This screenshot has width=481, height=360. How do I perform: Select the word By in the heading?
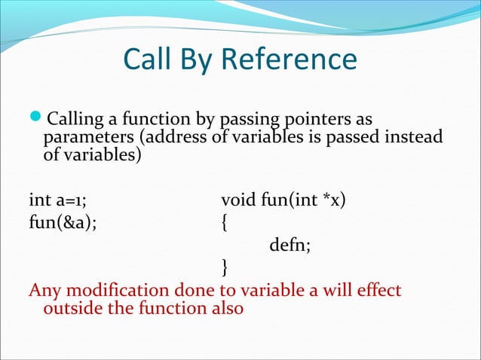tap(204, 59)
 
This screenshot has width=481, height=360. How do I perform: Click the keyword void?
tap(238, 201)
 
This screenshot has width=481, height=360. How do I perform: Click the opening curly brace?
tap(224, 223)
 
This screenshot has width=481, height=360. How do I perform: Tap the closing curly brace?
tap(224, 266)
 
